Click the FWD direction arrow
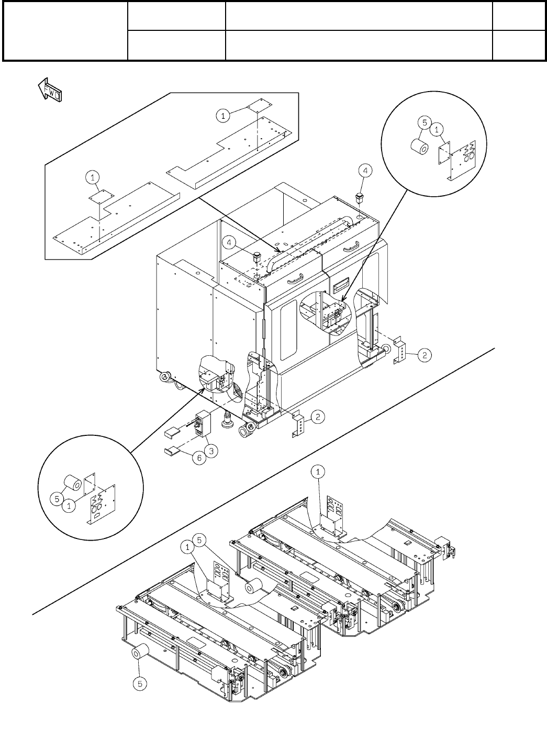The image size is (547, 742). (x=50, y=90)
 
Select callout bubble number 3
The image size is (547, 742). (x=211, y=450)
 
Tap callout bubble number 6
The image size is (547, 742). (x=197, y=457)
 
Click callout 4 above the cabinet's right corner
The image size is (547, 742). (x=365, y=170)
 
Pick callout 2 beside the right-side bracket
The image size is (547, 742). (x=425, y=355)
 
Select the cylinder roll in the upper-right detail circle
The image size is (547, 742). (x=420, y=147)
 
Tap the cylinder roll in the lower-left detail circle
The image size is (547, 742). (x=71, y=484)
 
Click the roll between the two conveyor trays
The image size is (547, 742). (x=255, y=587)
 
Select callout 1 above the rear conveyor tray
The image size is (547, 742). (x=319, y=472)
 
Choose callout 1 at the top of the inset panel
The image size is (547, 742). (x=223, y=116)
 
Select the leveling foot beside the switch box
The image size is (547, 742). (x=228, y=420)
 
